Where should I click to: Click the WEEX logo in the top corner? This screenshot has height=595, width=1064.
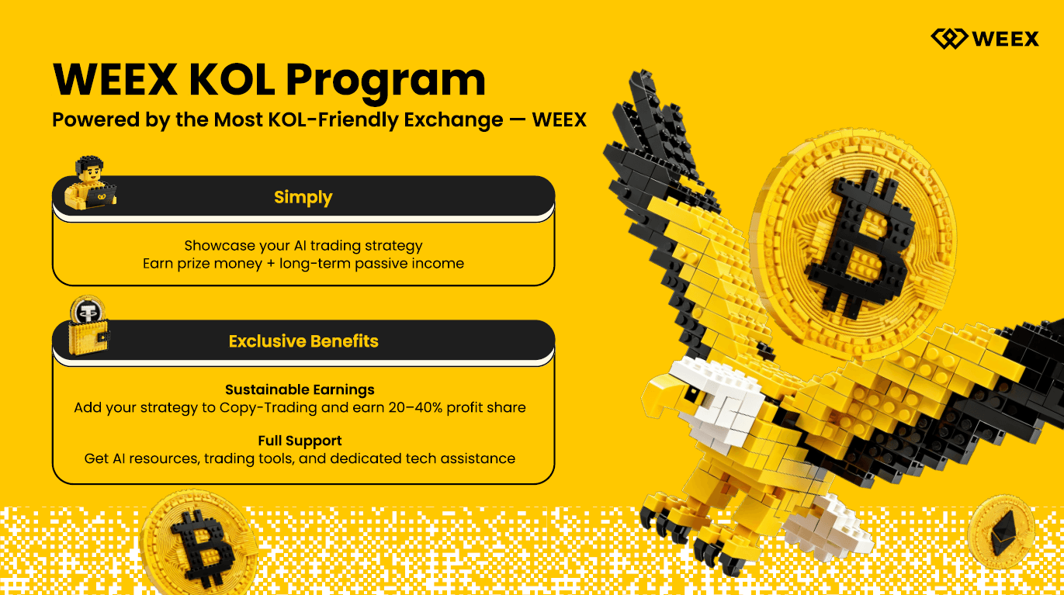coord(985,39)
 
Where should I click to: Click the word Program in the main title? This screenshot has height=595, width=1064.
coord(385,81)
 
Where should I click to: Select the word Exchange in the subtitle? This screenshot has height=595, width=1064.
coord(453,119)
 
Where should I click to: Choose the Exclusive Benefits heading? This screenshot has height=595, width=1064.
coord(303,341)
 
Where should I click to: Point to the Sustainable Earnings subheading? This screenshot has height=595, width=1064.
coord(300,390)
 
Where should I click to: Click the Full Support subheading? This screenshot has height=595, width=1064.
coord(300,441)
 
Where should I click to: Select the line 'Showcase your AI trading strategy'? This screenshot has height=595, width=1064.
coord(303,246)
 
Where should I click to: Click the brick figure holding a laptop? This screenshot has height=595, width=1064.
coord(90,183)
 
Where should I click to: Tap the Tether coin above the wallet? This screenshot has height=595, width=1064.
coord(87,312)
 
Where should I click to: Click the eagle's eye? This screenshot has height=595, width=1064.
coord(692,393)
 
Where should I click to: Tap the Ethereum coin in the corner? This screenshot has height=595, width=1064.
coord(1001,531)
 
